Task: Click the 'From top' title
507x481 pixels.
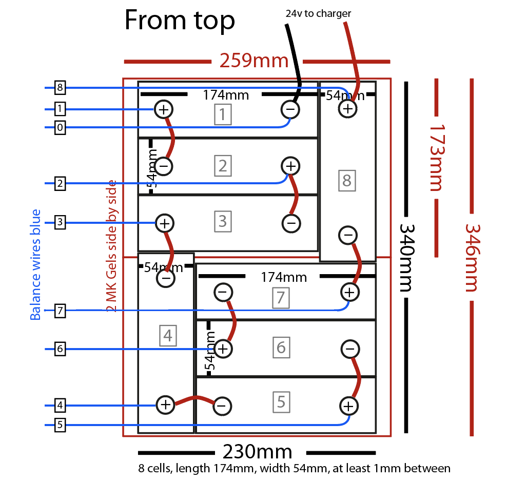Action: click(180, 21)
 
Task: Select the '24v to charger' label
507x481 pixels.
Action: click(318, 14)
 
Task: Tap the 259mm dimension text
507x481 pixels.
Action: click(254, 61)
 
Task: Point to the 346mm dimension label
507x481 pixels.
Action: click(473, 257)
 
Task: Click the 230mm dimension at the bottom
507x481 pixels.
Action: click(257, 452)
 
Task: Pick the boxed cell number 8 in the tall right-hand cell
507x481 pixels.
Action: click(347, 181)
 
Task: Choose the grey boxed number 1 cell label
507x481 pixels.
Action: click(222, 114)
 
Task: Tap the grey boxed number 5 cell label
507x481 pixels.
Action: click(281, 402)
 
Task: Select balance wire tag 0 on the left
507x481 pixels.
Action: click(60, 128)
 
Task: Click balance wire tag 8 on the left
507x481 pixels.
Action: click(60, 88)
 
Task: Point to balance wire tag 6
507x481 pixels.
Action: click(60, 349)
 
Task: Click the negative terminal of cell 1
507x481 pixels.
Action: click(290, 109)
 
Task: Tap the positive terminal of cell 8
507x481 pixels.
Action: click(347, 108)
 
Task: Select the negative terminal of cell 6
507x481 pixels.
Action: click(349, 349)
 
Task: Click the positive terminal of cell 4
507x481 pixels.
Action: click(165, 405)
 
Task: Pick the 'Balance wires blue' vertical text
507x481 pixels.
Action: click(35, 264)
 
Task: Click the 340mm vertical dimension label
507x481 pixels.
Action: click(406, 257)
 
